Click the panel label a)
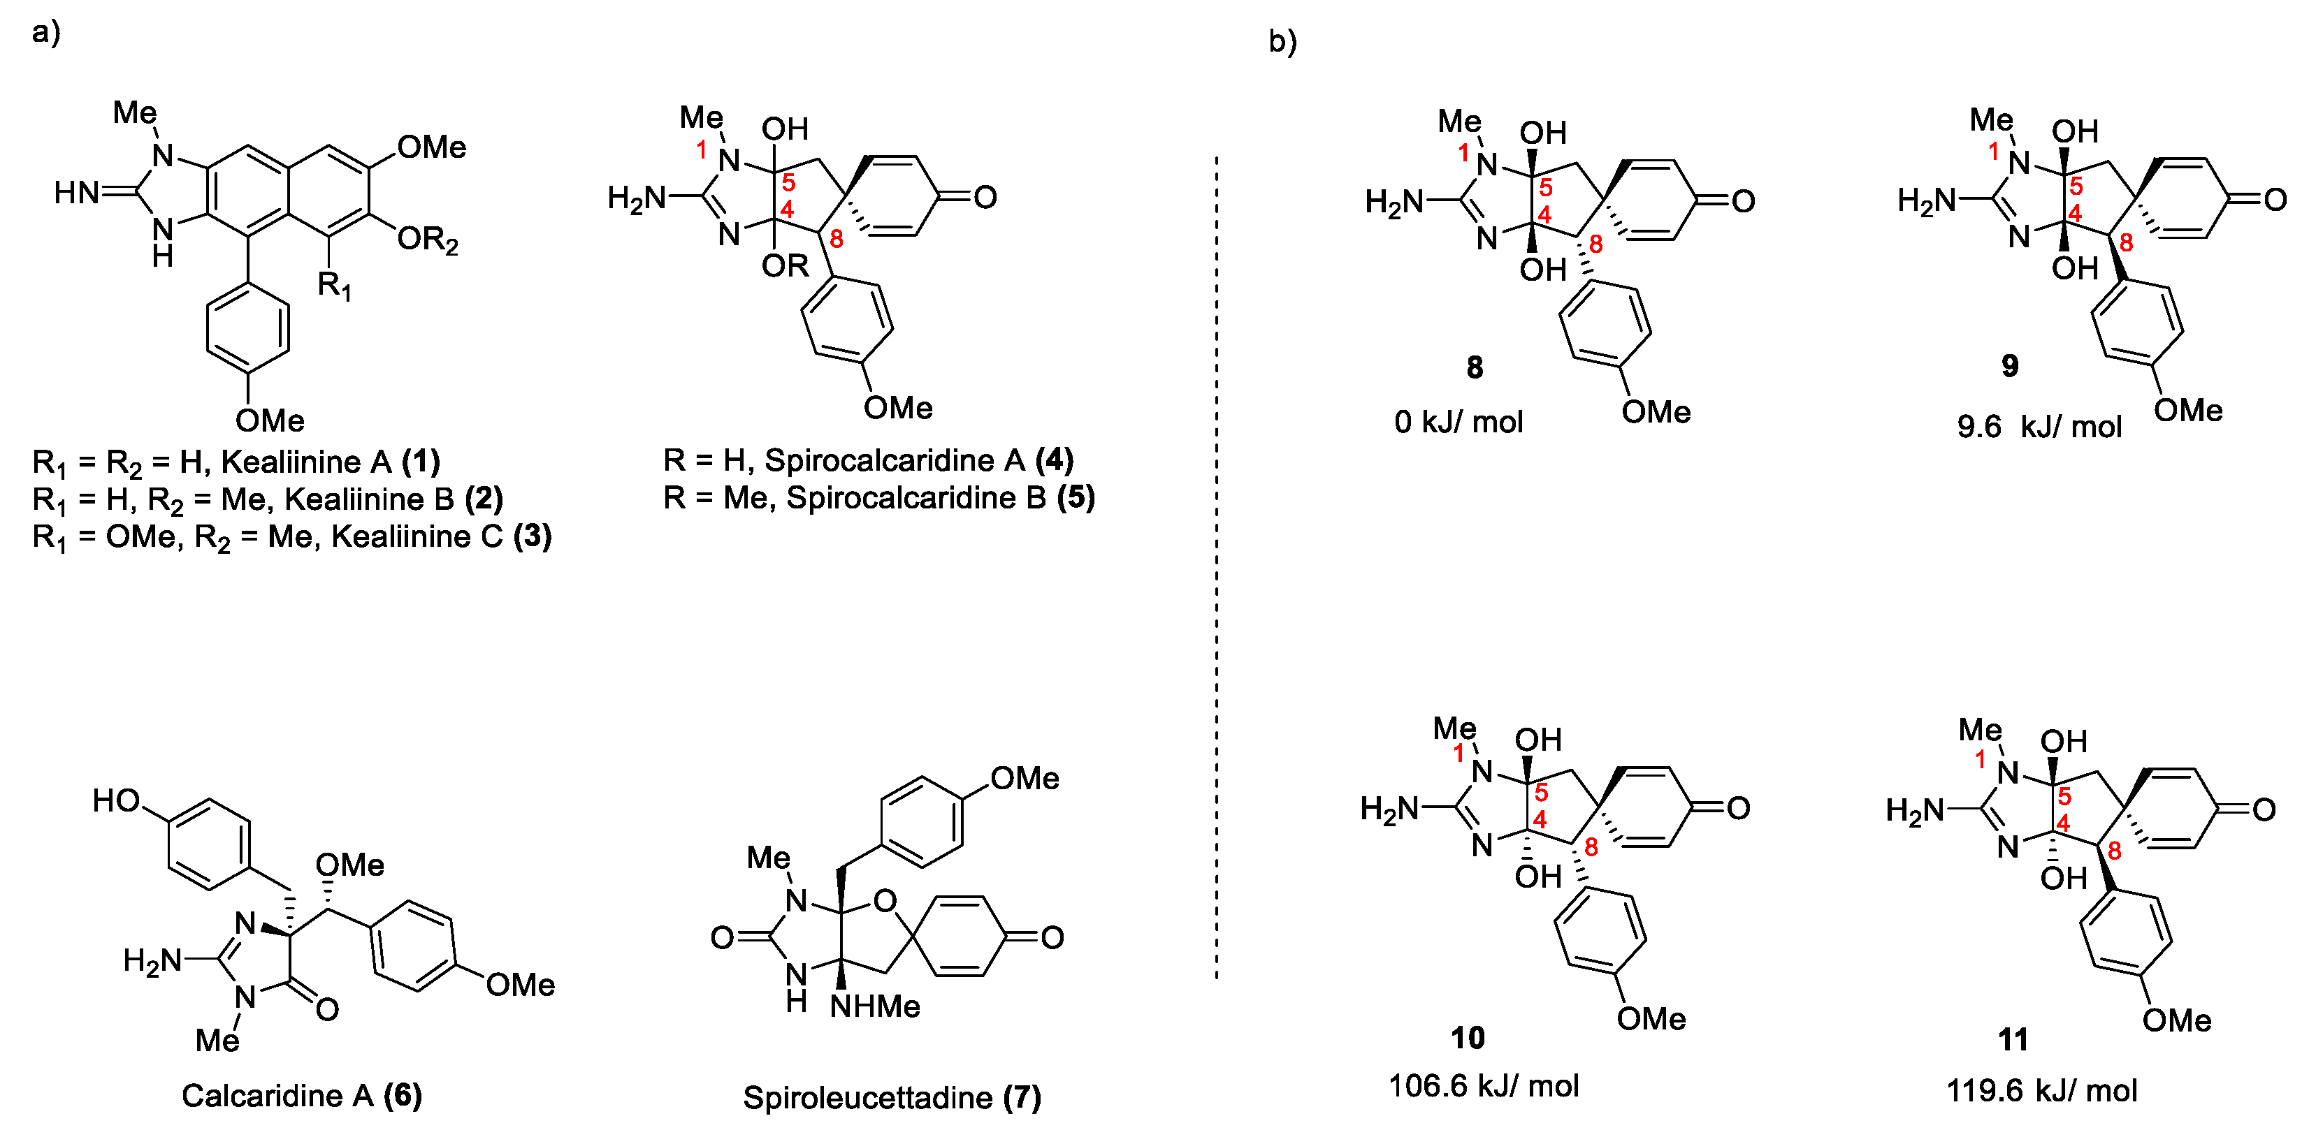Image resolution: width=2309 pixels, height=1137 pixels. coord(45,32)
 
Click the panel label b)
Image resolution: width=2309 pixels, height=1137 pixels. coord(1282,41)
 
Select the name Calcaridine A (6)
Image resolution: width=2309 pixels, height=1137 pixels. coord(301,1095)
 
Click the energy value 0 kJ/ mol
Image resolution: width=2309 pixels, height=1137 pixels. coord(1458,421)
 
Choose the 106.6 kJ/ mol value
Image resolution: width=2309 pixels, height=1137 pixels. coord(1484,1086)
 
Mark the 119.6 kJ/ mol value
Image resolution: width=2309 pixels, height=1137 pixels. coord(2041,1090)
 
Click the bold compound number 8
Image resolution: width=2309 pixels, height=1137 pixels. coord(1475,367)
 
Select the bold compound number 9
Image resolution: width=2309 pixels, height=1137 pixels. coord(2011,365)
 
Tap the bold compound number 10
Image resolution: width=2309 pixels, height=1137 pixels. coord(1468,1038)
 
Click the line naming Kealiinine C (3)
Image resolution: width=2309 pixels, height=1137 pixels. coord(292,536)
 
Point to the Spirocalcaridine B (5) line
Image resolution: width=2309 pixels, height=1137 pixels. coord(878,497)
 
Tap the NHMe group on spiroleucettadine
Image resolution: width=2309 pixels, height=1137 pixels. coord(875,1006)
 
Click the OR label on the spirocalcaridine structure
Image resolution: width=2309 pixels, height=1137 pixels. coord(786,266)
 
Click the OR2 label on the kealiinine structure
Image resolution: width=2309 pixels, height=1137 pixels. coord(428,240)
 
